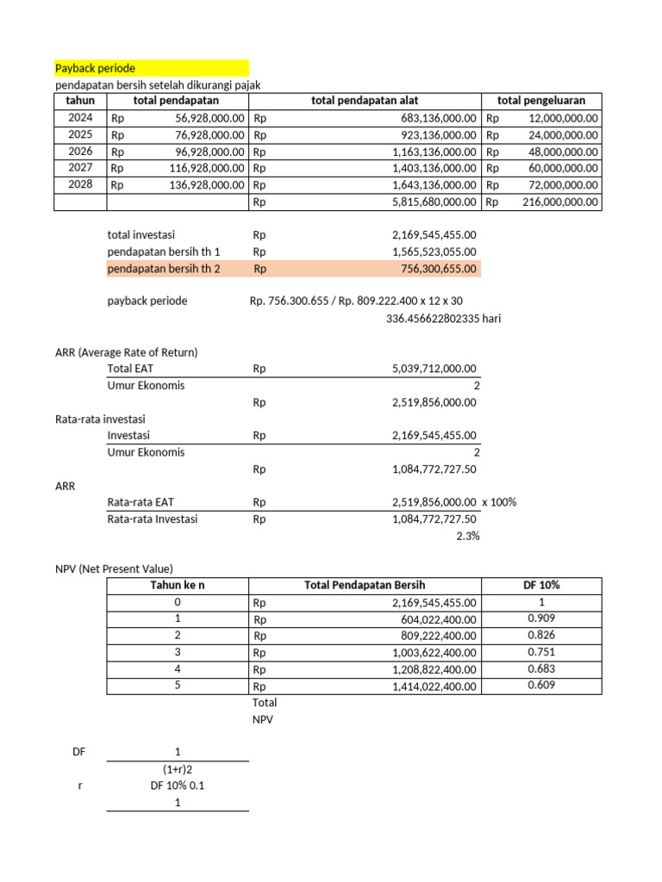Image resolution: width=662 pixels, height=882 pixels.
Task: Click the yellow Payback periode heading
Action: click(x=96, y=68)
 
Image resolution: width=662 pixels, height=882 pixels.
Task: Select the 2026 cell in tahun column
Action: click(x=80, y=152)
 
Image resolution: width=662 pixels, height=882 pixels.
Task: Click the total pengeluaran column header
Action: click(x=540, y=102)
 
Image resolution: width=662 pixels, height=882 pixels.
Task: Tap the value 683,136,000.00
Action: click(x=439, y=119)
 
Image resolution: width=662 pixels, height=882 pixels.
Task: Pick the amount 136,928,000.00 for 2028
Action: click(x=207, y=185)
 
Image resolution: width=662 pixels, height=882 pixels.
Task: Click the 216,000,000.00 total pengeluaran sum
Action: click(x=560, y=202)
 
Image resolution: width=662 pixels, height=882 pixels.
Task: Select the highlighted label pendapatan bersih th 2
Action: click(x=164, y=269)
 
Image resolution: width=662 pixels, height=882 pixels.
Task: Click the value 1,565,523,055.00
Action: click(x=434, y=252)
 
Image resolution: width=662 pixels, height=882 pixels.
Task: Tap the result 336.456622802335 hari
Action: click(x=443, y=318)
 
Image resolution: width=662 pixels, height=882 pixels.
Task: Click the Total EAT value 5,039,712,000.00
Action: click(x=434, y=369)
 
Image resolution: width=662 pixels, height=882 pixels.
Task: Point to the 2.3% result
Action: click(x=467, y=536)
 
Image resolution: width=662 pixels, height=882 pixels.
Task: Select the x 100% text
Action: click(x=499, y=502)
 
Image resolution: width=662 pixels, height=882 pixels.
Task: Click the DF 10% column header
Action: click(x=540, y=586)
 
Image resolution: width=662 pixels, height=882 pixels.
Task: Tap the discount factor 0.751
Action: click(x=540, y=652)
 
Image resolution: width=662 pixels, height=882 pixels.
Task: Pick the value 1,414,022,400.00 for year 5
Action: click(x=434, y=686)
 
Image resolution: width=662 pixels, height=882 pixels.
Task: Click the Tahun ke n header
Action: click(x=178, y=586)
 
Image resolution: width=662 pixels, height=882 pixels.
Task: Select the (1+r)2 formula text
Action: click(x=178, y=769)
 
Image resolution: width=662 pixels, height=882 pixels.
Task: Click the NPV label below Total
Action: click(x=262, y=719)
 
